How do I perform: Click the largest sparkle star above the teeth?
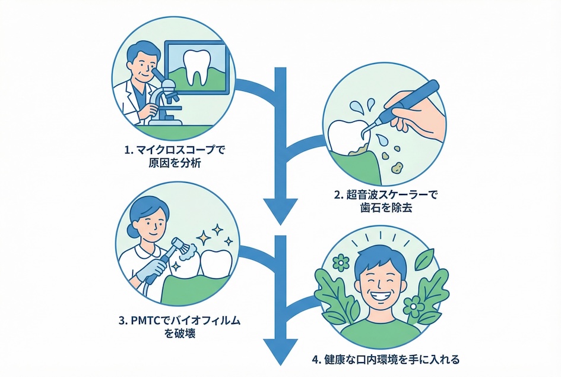tap(217, 230)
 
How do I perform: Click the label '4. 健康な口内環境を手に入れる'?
tap(385, 360)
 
